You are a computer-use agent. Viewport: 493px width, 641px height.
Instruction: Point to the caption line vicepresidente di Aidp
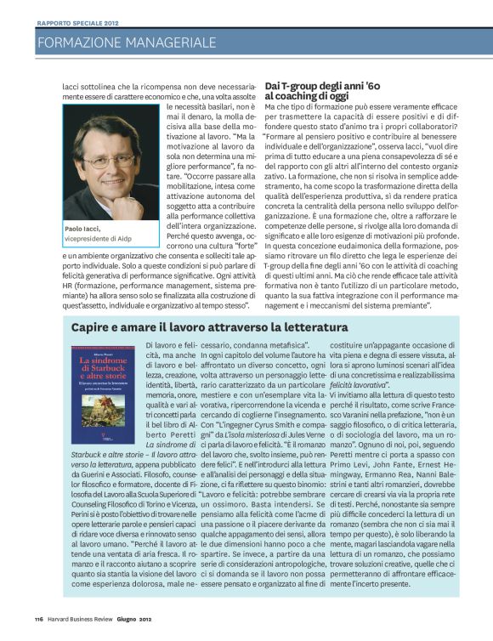tap(104, 240)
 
